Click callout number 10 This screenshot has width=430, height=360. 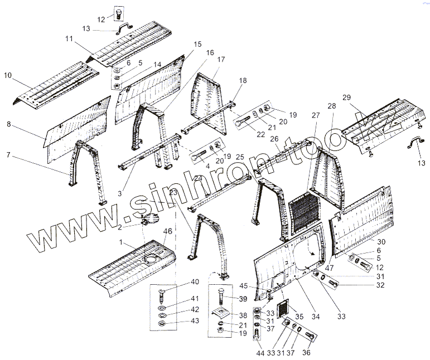(x=8, y=75)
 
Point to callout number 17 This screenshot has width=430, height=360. (x=221, y=60)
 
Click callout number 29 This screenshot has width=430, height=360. (x=346, y=98)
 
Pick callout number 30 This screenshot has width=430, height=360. (x=380, y=242)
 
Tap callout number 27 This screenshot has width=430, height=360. (x=316, y=115)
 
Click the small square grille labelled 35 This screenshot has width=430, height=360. (x=284, y=307)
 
